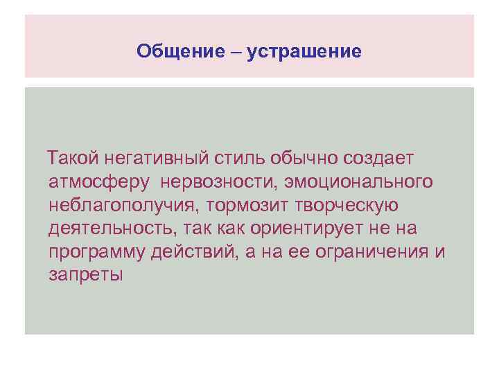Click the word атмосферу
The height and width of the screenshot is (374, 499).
[100, 182]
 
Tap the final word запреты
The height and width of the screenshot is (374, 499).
[86, 274]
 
